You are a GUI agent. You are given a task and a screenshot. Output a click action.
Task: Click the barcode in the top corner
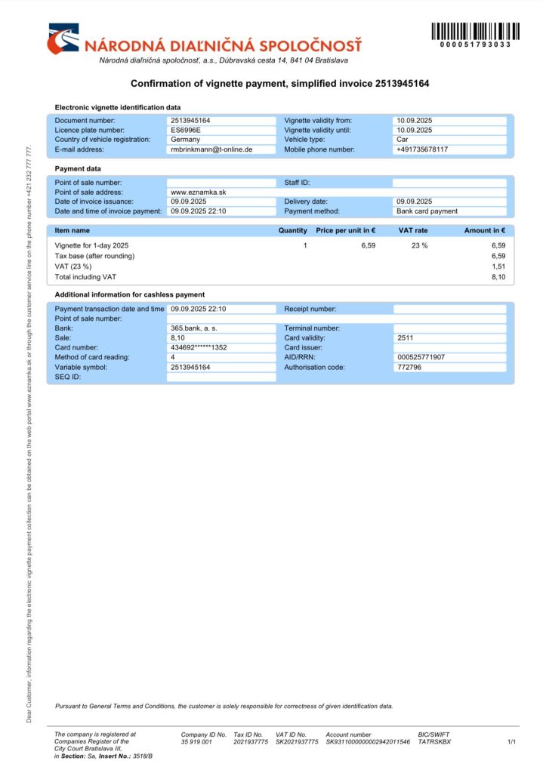tap(475, 31)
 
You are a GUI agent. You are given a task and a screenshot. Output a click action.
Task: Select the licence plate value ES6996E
tap(186, 130)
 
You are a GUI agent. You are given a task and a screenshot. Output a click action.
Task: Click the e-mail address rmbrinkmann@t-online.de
tap(211, 149)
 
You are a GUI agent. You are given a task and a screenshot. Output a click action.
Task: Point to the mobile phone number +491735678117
tap(422, 149)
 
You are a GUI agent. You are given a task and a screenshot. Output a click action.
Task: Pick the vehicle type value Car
tap(403, 140)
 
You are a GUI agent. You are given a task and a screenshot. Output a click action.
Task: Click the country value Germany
tap(186, 140)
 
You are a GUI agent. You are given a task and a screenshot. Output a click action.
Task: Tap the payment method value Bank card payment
tap(427, 211)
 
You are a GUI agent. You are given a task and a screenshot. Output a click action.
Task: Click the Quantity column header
tap(292, 230)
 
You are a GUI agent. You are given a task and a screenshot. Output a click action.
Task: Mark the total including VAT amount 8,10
tap(498, 277)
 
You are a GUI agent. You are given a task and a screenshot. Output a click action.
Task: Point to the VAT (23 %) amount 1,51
tap(498, 266)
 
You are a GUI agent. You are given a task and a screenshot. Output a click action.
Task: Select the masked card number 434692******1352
tap(199, 348)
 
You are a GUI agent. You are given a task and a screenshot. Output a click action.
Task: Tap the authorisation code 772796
tap(409, 367)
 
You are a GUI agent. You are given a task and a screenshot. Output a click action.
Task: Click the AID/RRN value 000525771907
tap(421, 357)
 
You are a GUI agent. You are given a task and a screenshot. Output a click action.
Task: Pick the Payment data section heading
tap(78, 168)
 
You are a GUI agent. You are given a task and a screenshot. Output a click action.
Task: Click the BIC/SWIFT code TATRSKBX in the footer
tap(434, 742)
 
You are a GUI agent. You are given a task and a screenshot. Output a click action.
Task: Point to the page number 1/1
tap(512, 742)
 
